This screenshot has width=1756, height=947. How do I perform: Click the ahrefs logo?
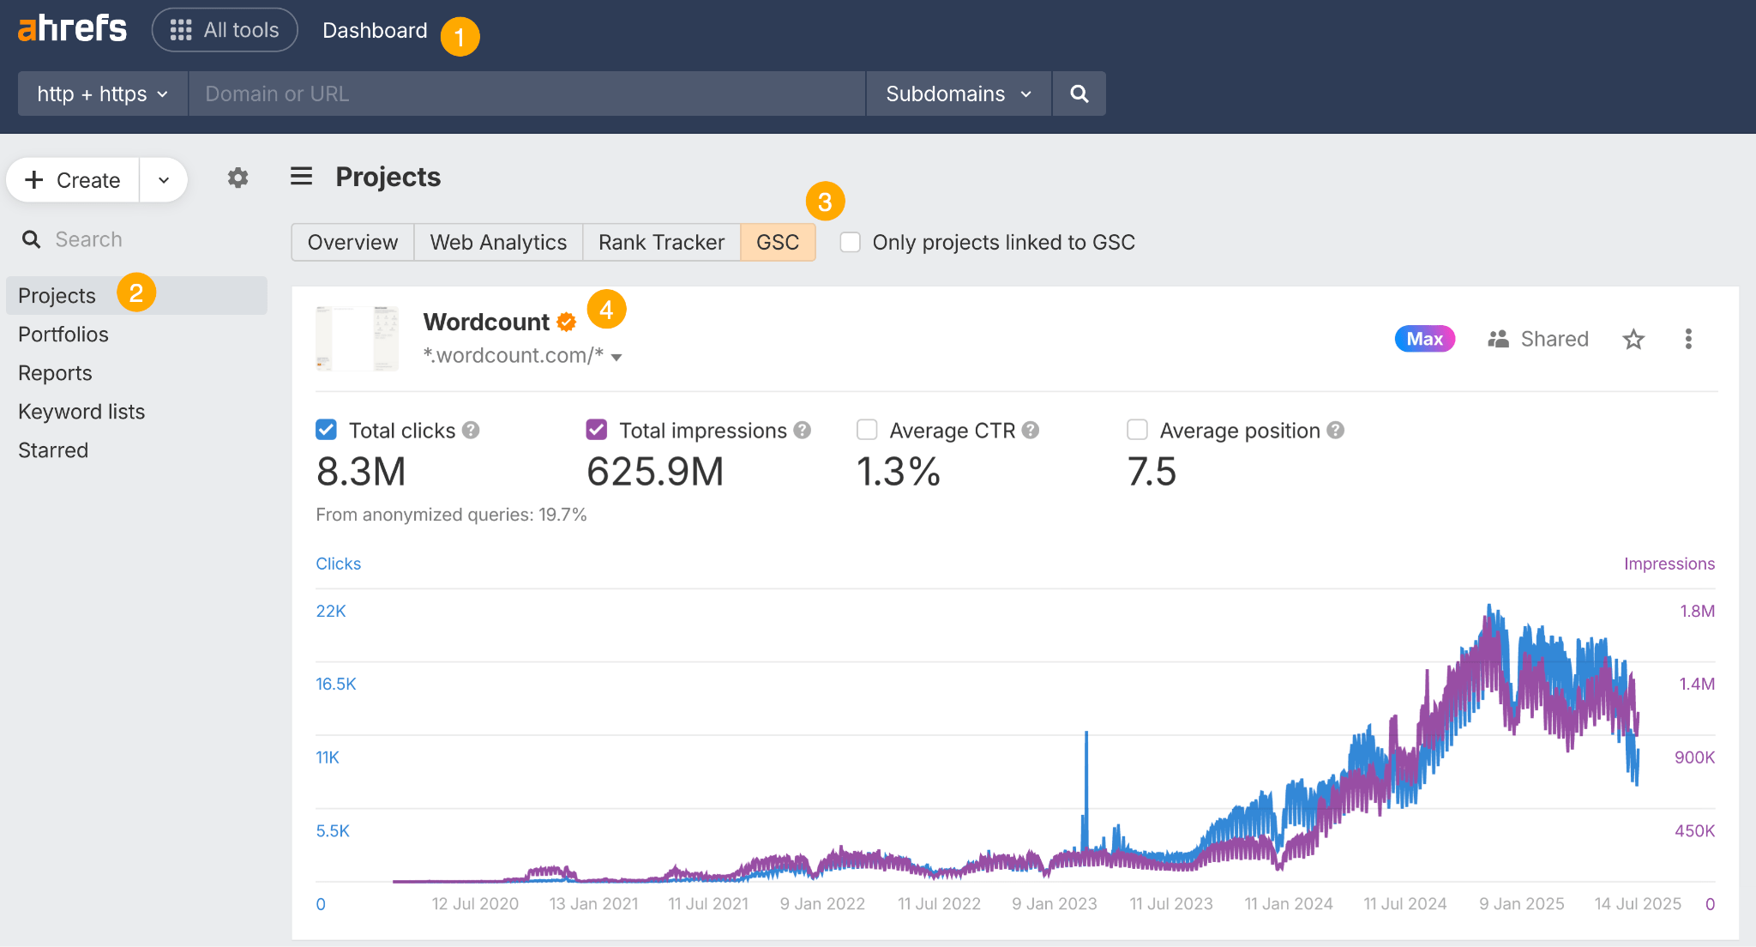click(x=72, y=29)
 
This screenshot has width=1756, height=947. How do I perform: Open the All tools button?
click(x=225, y=30)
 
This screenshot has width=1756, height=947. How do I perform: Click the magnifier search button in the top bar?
click(x=1079, y=93)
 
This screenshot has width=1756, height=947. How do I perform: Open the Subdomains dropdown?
click(x=958, y=93)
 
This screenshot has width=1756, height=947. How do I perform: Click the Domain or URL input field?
click(x=526, y=93)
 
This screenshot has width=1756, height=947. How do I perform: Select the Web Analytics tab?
click(x=498, y=243)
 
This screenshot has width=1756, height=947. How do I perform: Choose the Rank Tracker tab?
click(x=661, y=243)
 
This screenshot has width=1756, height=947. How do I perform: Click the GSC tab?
click(x=777, y=243)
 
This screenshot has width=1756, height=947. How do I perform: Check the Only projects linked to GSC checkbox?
click(x=851, y=243)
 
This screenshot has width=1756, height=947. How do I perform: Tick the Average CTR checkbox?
click(x=867, y=430)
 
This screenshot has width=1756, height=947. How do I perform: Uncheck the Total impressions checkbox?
click(x=597, y=430)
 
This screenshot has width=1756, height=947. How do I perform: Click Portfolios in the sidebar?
click(x=63, y=335)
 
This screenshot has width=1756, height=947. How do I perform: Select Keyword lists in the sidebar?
click(x=81, y=412)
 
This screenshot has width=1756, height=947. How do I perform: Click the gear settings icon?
click(x=238, y=178)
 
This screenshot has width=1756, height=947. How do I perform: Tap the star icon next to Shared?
click(x=1633, y=340)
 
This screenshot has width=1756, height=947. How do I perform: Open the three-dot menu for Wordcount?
click(x=1688, y=339)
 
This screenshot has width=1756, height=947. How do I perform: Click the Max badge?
click(x=1424, y=339)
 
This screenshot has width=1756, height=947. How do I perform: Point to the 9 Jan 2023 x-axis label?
click(x=1054, y=904)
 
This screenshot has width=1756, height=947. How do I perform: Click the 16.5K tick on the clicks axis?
click(x=335, y=685)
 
